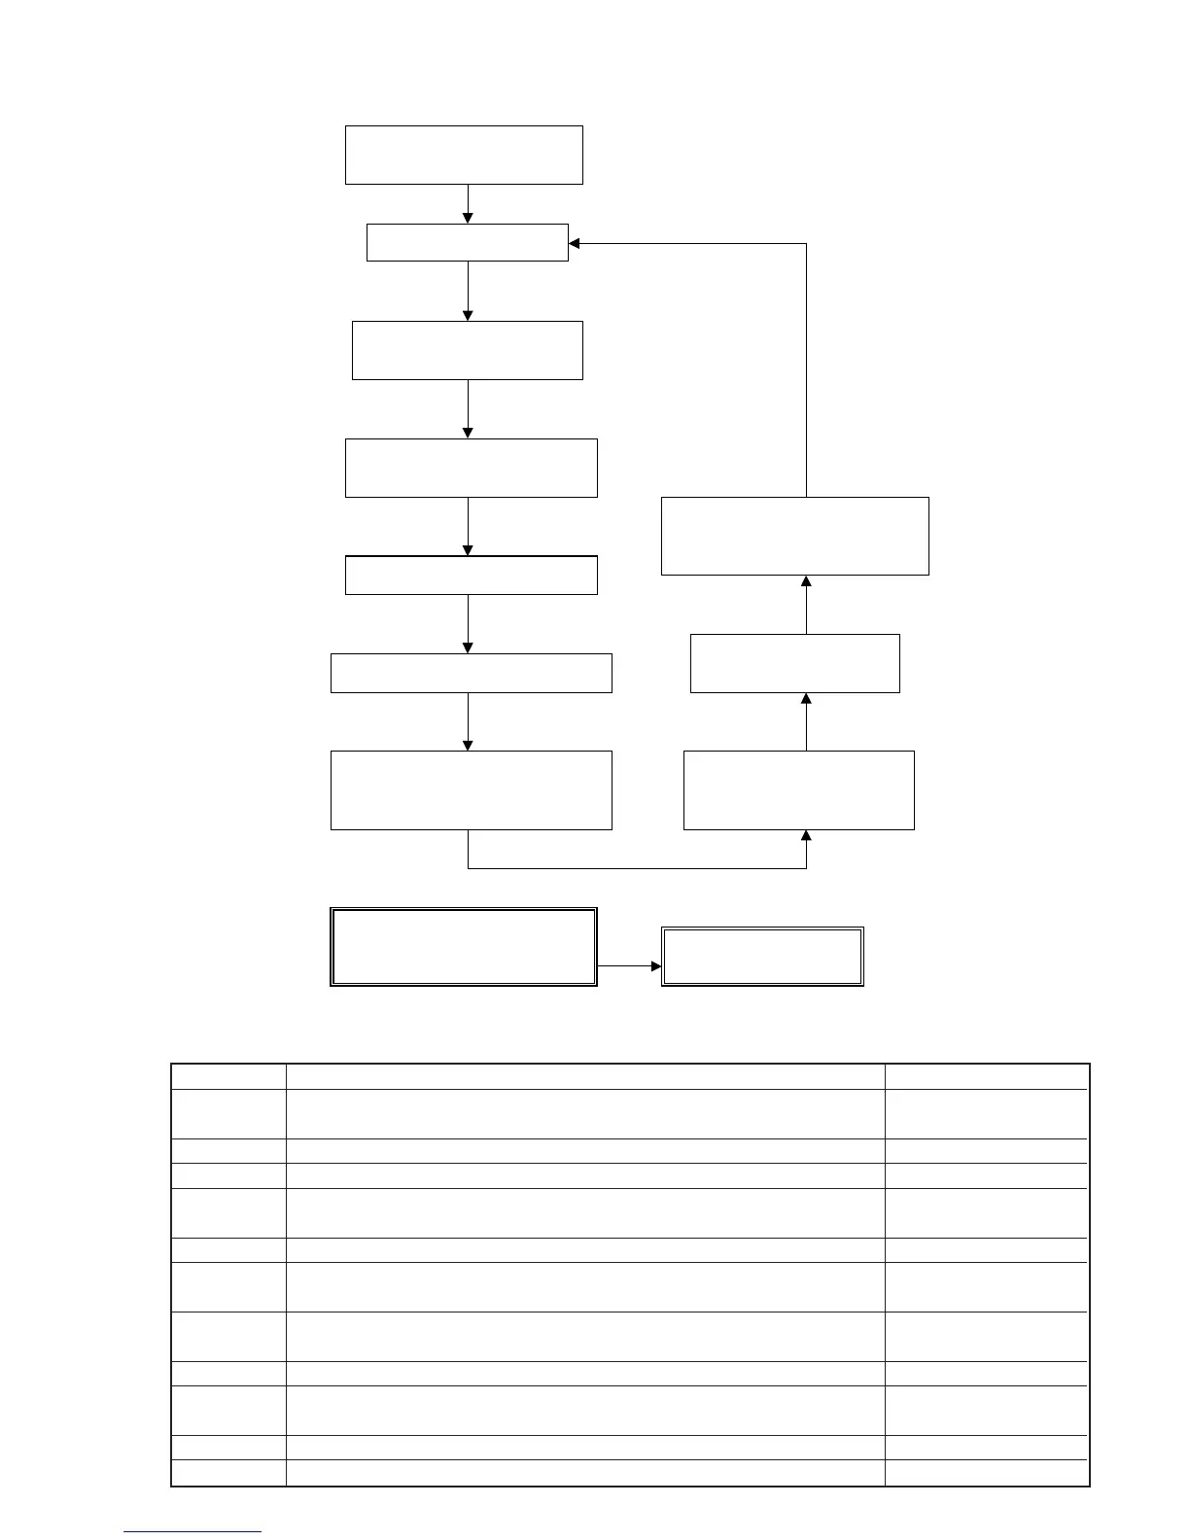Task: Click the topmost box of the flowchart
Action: [464, 155]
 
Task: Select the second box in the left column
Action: [467, 242]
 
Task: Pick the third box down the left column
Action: [467, 350]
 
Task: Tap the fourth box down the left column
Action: [471, 468]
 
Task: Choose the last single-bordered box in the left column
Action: [471, 789]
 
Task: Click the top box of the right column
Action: [794, 536]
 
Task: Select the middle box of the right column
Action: [794, 663]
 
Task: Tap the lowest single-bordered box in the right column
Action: [798, 789]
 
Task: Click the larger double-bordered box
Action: [463, 947]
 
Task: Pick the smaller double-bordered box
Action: [762, 957]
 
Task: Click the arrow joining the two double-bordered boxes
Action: [629, 966]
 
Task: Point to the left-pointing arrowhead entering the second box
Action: [575, 243]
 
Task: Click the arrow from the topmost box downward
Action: [468, 204]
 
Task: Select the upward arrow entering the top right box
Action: [806, 604]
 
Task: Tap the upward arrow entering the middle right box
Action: [806, 721]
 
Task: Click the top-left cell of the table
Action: [228, 1076]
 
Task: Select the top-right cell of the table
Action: [986, 1076]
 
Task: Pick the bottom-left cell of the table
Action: [228, 1472]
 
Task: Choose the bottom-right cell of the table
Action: [986, 1472]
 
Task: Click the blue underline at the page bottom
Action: [192, 1531]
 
